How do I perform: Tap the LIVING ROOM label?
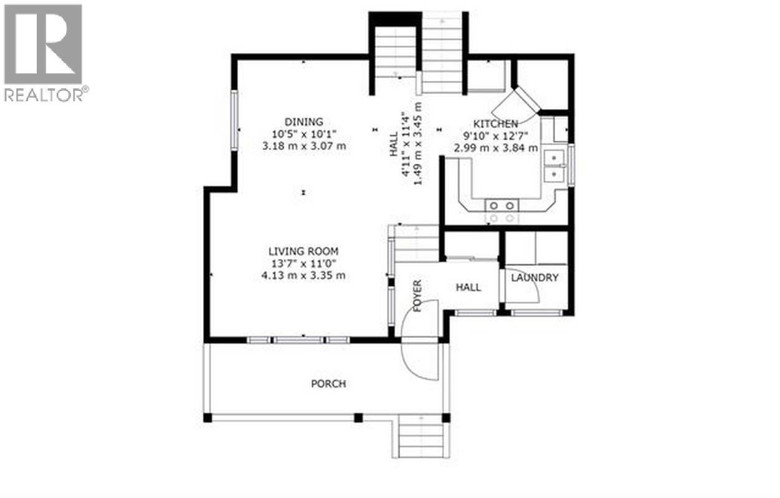coord(303,251)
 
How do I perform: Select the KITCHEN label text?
coord(495,124)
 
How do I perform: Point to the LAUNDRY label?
coord(535,278)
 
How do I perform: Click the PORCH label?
coord(328,384)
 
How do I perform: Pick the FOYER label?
coord(417,296)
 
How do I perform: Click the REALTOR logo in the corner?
coord(44,52)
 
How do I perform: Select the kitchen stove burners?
coord(502,211)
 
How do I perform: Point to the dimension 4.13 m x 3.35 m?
coord(303,276)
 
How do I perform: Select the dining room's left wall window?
coord(235,120)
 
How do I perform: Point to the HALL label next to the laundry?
coord(468,287)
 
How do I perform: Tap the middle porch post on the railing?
coord(358,418)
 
